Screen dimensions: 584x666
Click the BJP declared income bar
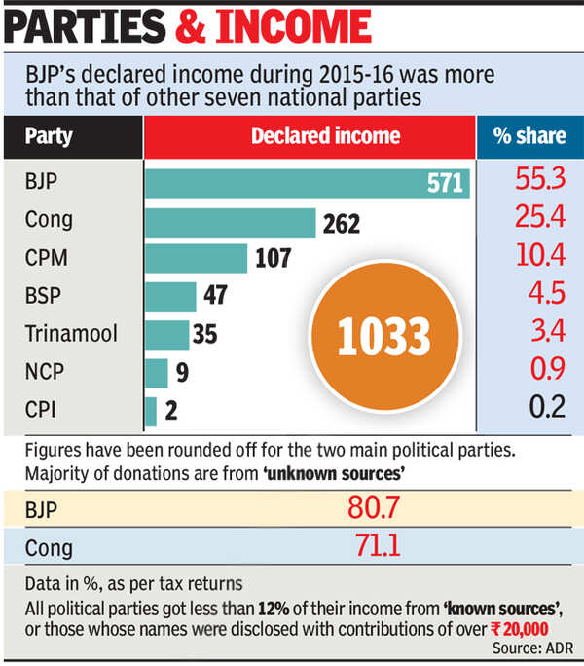click(308, 183)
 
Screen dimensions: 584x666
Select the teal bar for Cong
click(231, 223)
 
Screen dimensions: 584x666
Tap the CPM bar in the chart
click(197, 258)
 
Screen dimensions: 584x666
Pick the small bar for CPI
click(151, 412)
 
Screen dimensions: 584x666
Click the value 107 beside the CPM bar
click(274, 258)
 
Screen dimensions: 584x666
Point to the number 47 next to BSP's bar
click(215, 295)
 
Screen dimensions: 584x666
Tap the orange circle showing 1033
click(385, 336)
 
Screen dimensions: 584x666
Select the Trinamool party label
click(71, 333)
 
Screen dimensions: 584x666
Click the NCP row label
click(45, 372)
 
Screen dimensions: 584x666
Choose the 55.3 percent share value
click(540, 178)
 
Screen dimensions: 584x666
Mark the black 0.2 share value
click(547, 406)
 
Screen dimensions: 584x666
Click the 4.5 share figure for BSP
click(547, 293)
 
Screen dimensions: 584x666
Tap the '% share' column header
click(529, 136)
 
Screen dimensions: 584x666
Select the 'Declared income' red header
click(326, 136)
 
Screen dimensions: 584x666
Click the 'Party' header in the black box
click(49, 136)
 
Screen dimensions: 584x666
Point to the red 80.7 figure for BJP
click(374, 507)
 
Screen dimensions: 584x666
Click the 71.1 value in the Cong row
click(377, 545)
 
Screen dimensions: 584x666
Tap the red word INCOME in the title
click(294, 26)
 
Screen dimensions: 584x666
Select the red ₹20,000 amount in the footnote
click(520, 629)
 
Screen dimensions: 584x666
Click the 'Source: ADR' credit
click(532, 648)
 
